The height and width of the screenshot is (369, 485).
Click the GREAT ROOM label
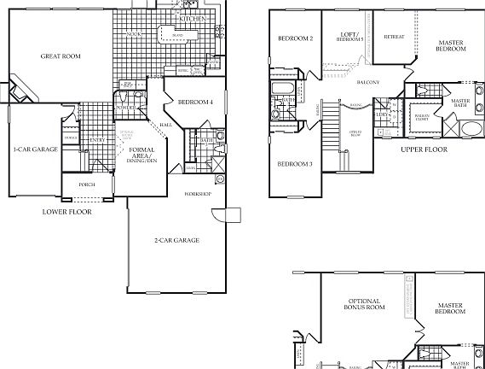point(61,56)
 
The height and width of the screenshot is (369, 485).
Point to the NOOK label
point(134,35)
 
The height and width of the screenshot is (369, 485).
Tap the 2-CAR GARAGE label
point(176,240)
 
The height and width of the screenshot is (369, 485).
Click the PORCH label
point(86,184)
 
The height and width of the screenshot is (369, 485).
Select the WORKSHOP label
point(199,195)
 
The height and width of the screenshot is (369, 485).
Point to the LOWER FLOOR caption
point(66,210)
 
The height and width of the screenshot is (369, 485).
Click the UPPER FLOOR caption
point(424,149)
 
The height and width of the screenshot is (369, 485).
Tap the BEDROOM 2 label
point(294,38)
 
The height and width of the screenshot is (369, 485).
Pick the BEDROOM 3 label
point(293,163)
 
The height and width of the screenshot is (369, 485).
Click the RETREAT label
point(394,37)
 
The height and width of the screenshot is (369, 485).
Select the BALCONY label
point(367,81)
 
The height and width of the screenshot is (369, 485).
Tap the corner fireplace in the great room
point(21,89)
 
